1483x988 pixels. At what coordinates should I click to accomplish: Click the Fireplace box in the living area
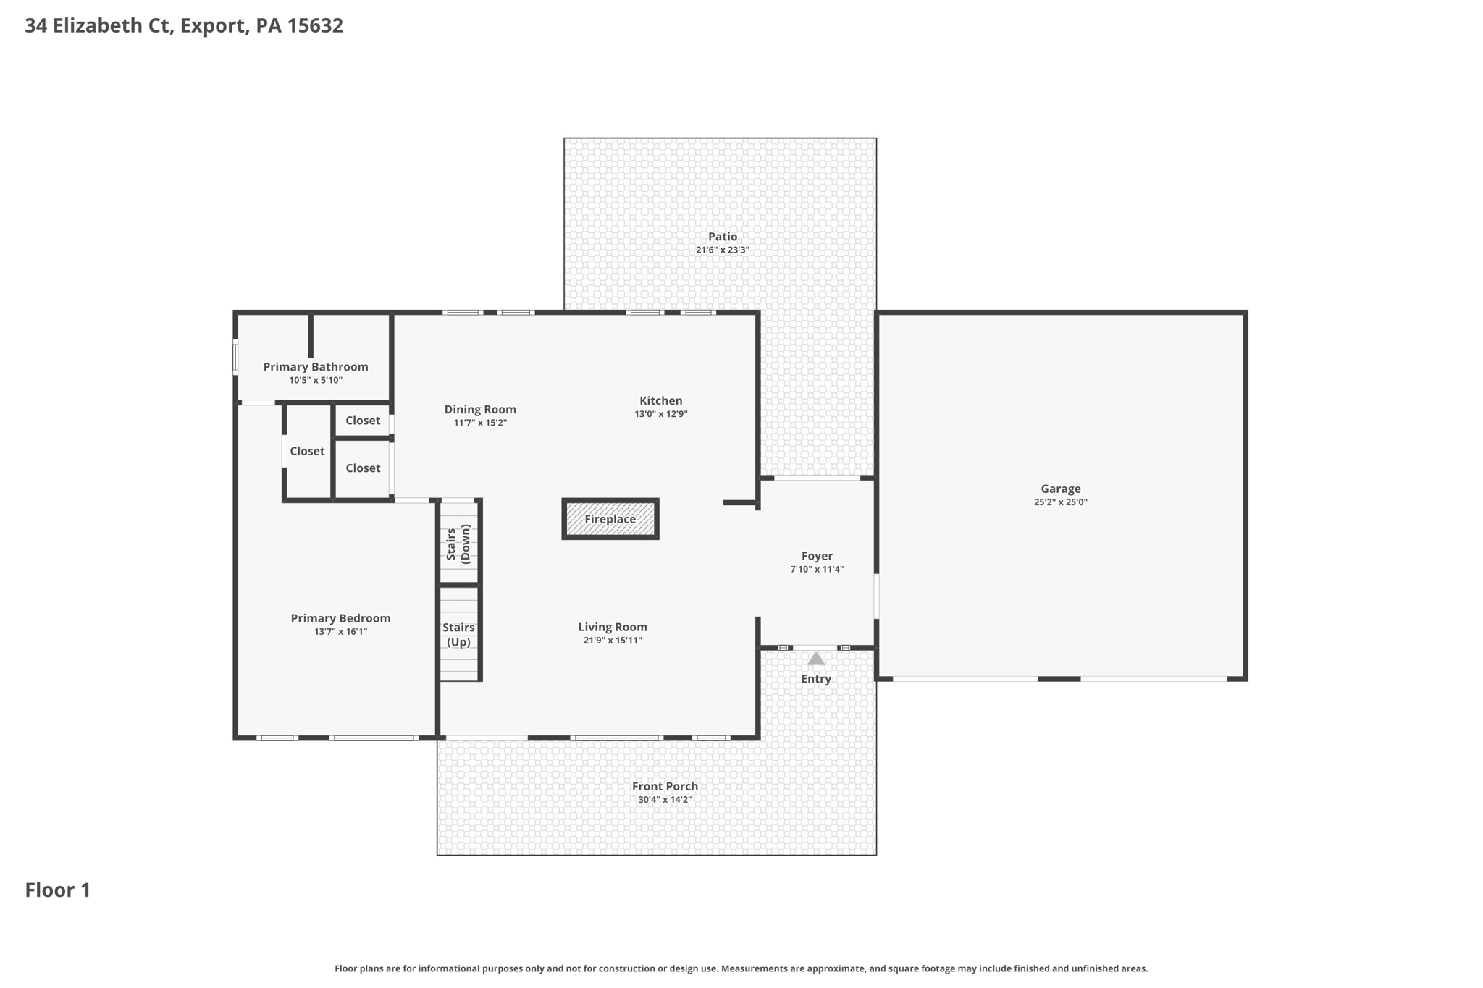610,519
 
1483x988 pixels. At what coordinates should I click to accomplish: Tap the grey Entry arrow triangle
816,659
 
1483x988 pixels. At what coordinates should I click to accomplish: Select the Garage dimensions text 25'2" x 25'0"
1060,502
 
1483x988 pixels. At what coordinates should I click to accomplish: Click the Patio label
722,237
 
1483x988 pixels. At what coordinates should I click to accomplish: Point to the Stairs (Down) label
458,544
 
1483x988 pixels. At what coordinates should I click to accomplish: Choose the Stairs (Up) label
458,635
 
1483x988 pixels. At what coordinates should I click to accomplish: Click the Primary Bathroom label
315,367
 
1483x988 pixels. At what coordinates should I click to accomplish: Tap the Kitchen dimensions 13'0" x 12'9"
660,414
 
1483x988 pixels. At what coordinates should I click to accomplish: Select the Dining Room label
480,410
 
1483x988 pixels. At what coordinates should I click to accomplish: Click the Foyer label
816,556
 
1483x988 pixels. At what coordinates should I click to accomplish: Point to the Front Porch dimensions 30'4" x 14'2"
664,800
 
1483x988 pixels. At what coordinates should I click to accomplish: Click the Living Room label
613,628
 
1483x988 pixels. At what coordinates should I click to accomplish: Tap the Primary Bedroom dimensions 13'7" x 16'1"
340,632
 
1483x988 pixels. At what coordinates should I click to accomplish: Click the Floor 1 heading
58,890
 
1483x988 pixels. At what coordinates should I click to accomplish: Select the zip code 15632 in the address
315,26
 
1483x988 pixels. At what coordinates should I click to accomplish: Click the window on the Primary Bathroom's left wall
235,358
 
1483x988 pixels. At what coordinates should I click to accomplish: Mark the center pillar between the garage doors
1059,679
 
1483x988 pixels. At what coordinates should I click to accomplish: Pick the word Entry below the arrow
816,679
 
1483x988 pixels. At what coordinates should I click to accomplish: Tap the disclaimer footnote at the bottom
741,968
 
